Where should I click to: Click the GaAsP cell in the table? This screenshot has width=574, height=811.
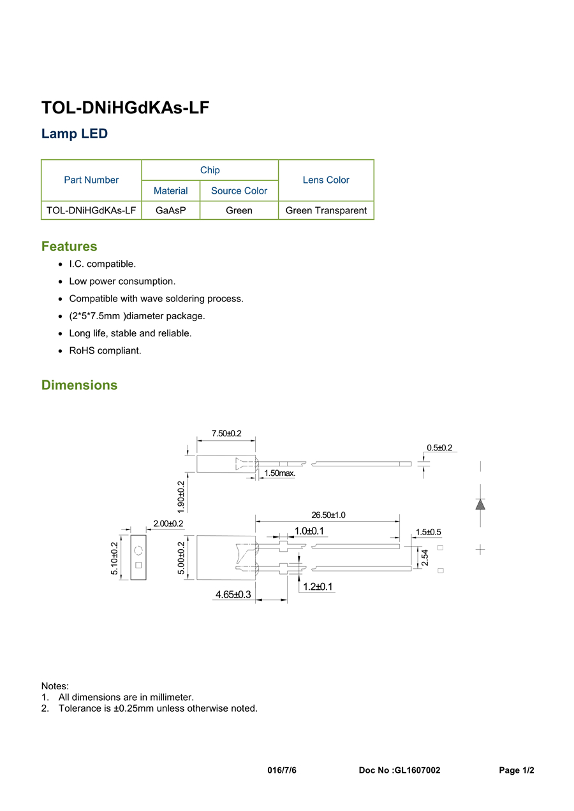(x=171, y=210)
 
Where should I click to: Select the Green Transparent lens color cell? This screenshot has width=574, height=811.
(x=326, y=210)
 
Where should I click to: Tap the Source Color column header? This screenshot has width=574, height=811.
(x=239, y=190)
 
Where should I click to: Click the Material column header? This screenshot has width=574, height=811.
(x=171, y=190)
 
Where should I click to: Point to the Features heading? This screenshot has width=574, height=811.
(x=70, y=246)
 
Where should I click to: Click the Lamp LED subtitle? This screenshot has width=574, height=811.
(x=75, y=134)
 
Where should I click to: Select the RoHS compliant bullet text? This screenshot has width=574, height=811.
(x=105, y=350)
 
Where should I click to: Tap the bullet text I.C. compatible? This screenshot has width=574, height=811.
(x=103, y=264)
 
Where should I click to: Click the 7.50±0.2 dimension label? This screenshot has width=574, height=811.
(x=226, y=433)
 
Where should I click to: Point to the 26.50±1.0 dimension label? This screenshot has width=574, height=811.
(x=328, y=515)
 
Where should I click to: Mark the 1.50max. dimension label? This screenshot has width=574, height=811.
(x=280, y=473)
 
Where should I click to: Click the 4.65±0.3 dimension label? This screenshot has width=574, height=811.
(x=233, y=594)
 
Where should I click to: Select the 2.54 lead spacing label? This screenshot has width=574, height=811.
(x=425, y=557)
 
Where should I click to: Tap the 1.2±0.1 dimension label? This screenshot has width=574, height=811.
(x=318, y=587)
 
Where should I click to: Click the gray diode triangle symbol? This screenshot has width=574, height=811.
(x=480, y=505)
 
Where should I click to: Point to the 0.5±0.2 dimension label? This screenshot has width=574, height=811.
(x=439, y=447)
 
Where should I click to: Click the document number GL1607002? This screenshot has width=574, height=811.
(x=418, y=770)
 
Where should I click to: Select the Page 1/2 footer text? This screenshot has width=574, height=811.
(x=517, y=770)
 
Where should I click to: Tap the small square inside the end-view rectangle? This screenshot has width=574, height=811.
(x=138, y=565)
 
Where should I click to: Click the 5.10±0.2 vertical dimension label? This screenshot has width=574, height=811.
(x=114, y=558)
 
